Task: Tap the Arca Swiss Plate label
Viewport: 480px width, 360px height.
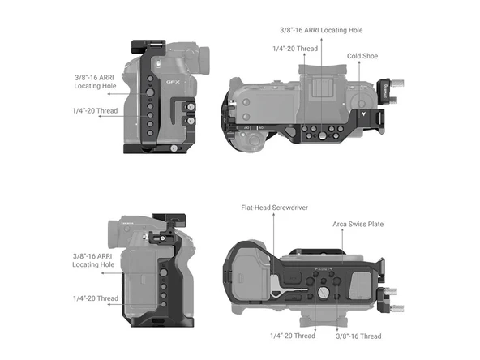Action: [x=358, y=224]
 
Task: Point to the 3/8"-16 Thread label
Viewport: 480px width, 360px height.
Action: [x=358, y=335]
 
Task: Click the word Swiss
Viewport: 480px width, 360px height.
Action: [x=358, y=224]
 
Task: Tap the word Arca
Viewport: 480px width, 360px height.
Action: [x=341, y=224]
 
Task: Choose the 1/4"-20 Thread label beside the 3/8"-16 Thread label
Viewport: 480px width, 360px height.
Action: [x=292, y=335]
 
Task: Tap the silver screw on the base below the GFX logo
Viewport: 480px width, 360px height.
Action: [x=172, y=148]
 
